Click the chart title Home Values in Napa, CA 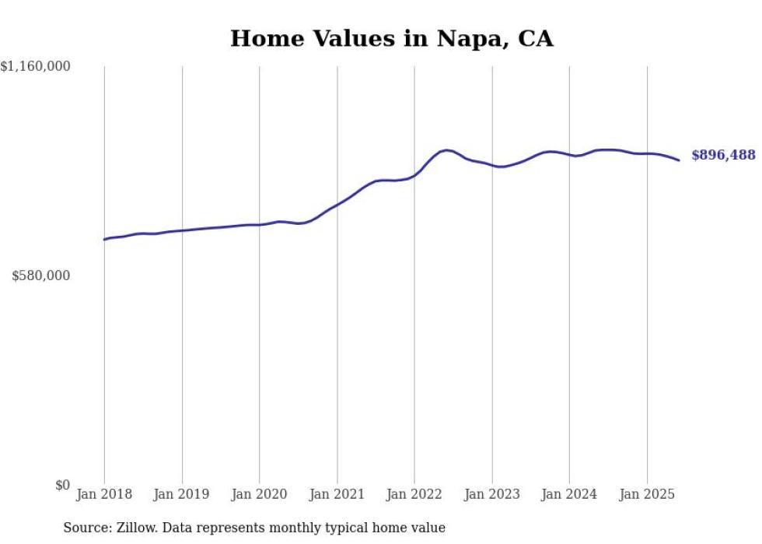391,39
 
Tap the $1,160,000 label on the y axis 36,67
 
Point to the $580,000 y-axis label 41,276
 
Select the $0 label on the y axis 62,485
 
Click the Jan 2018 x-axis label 104,494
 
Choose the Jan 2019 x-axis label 182,494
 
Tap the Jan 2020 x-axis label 260,494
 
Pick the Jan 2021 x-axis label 337,494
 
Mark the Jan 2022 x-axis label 414,494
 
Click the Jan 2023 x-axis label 492,494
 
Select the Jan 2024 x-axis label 569,494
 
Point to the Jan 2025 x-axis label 647,494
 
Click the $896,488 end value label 723,155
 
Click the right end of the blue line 679,160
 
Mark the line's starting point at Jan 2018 104,239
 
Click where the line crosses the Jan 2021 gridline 337,205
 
